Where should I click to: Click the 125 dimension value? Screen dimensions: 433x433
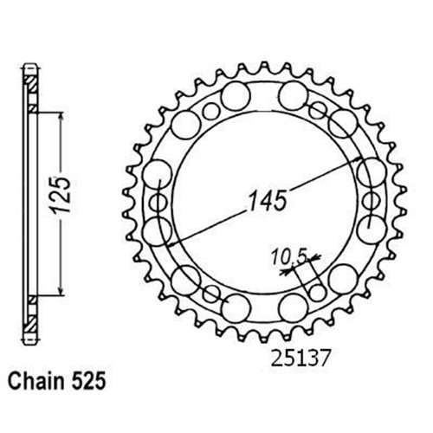61,195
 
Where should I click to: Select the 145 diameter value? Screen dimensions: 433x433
268,200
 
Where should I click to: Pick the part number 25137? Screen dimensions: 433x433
301,359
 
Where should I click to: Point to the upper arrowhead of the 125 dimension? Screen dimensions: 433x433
61,118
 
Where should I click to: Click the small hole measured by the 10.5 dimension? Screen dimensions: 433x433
317,293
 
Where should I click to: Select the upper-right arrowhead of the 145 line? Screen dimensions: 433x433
357,159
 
